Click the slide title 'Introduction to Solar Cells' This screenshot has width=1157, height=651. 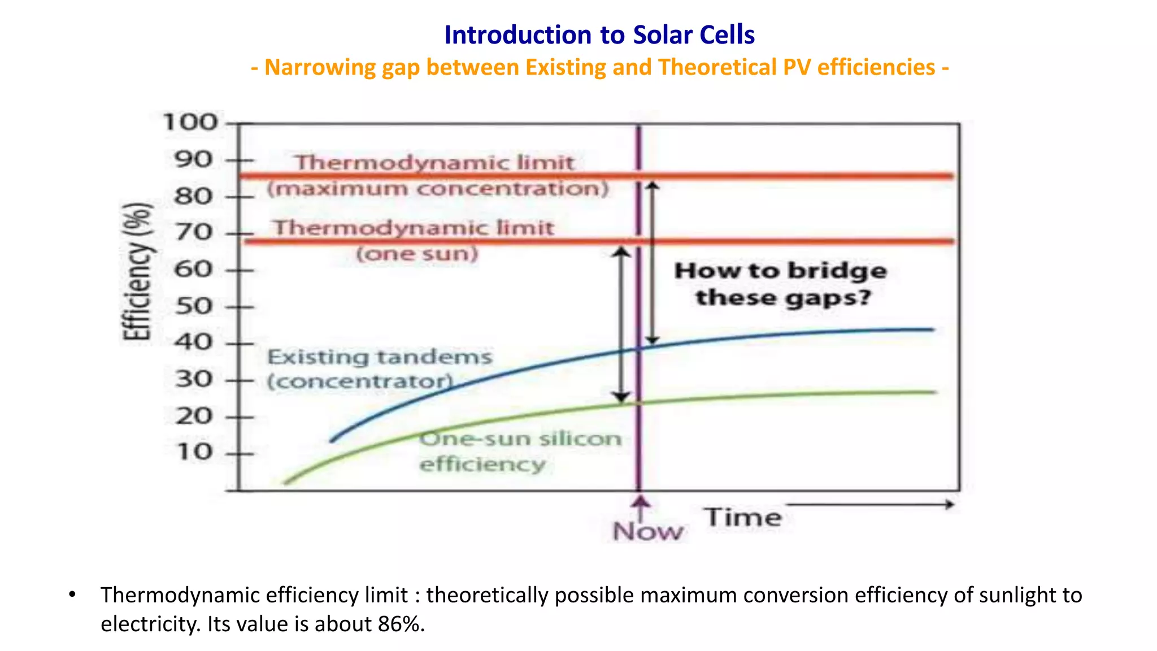pyautogui.click(x=599, y=35)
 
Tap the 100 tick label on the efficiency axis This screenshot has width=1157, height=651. pyautogui.click(x=190, y=122)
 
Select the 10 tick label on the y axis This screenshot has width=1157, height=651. pyautogui.click(x=194, y=452)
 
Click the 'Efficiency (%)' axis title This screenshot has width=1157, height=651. pyautogui.click(x=137, y=271)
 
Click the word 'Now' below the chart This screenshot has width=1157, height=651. pyautogui.click(x=647, y=532)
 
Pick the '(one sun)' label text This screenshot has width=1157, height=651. pyautogui.click(x=417, y=254)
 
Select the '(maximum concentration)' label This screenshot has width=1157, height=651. pyautogui.click(x=438, y=189)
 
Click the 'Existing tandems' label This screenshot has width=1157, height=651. pyautogui.click(x=380, y=357)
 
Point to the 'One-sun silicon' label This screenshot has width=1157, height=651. pyautogui.click(x=520, y=439)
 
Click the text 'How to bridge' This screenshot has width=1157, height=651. pyautogui.click(x=781, y=271)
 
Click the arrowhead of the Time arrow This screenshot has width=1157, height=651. pyautogui.click(x=950, y=504)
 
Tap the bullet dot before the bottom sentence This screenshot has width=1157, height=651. pyautogui.click(x=72, y=594)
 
